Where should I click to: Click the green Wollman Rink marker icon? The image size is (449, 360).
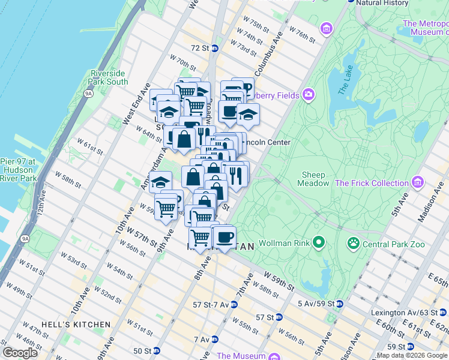pyautogui.click(x=319, y=243)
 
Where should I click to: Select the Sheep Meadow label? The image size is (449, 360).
pyautogui.click(x=322, y=179)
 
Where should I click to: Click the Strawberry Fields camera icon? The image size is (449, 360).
pyautogui.click(x=309, y=94)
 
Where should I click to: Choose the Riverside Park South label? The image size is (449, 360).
pyautogui.click(x=109, y=77)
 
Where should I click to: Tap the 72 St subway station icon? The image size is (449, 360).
pyautogui.click(x=214, y=47)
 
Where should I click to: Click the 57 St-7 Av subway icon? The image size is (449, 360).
pyautogui.click(x=234, y=304)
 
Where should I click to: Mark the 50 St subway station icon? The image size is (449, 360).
pyautogui.click(x=157, y=350)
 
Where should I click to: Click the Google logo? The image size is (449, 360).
pyautogui.click(x=20, y=353)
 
